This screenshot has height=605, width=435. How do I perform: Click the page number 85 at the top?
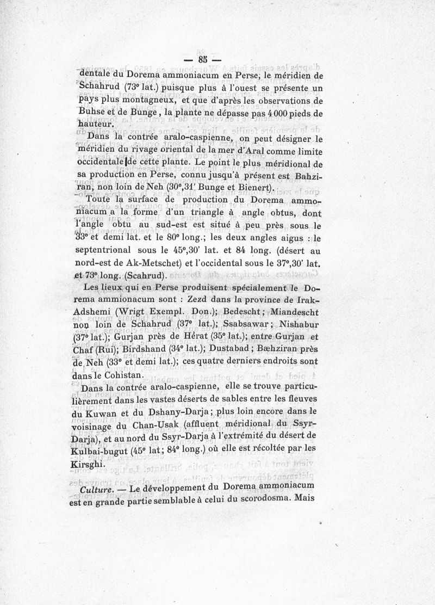[203, 60]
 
